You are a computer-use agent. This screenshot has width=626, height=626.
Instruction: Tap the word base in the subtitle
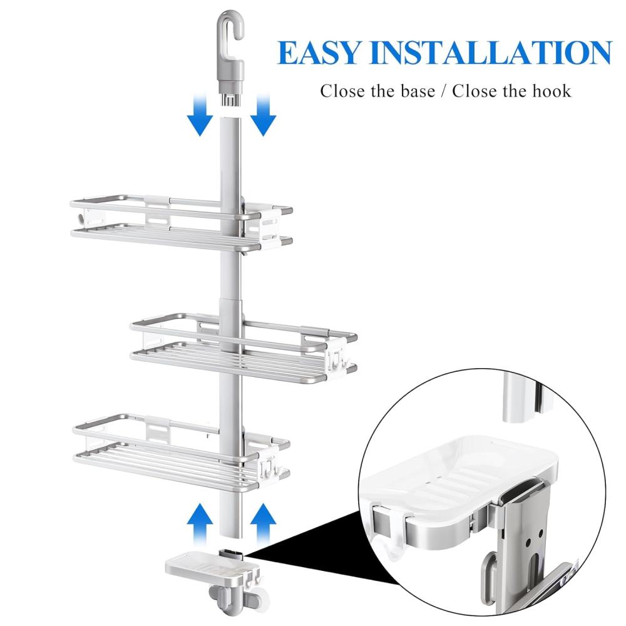pyautogui.click(x=418, y=91)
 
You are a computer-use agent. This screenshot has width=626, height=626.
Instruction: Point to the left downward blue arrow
pyautogui.click(x=200, y=115)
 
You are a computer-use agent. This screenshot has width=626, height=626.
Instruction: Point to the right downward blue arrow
pyautogui.click(x=264, y=115)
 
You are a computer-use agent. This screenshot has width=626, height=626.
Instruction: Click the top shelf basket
pyautogui.click(x=182, y=223)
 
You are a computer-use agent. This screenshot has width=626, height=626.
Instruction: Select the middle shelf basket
pyautogui.click(x=244, y=348)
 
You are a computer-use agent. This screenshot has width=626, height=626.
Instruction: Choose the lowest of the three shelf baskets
pyautogui.click(x=182, y=453)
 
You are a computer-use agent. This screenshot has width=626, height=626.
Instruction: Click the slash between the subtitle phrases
pyautogui.click(x=444, y=91)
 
